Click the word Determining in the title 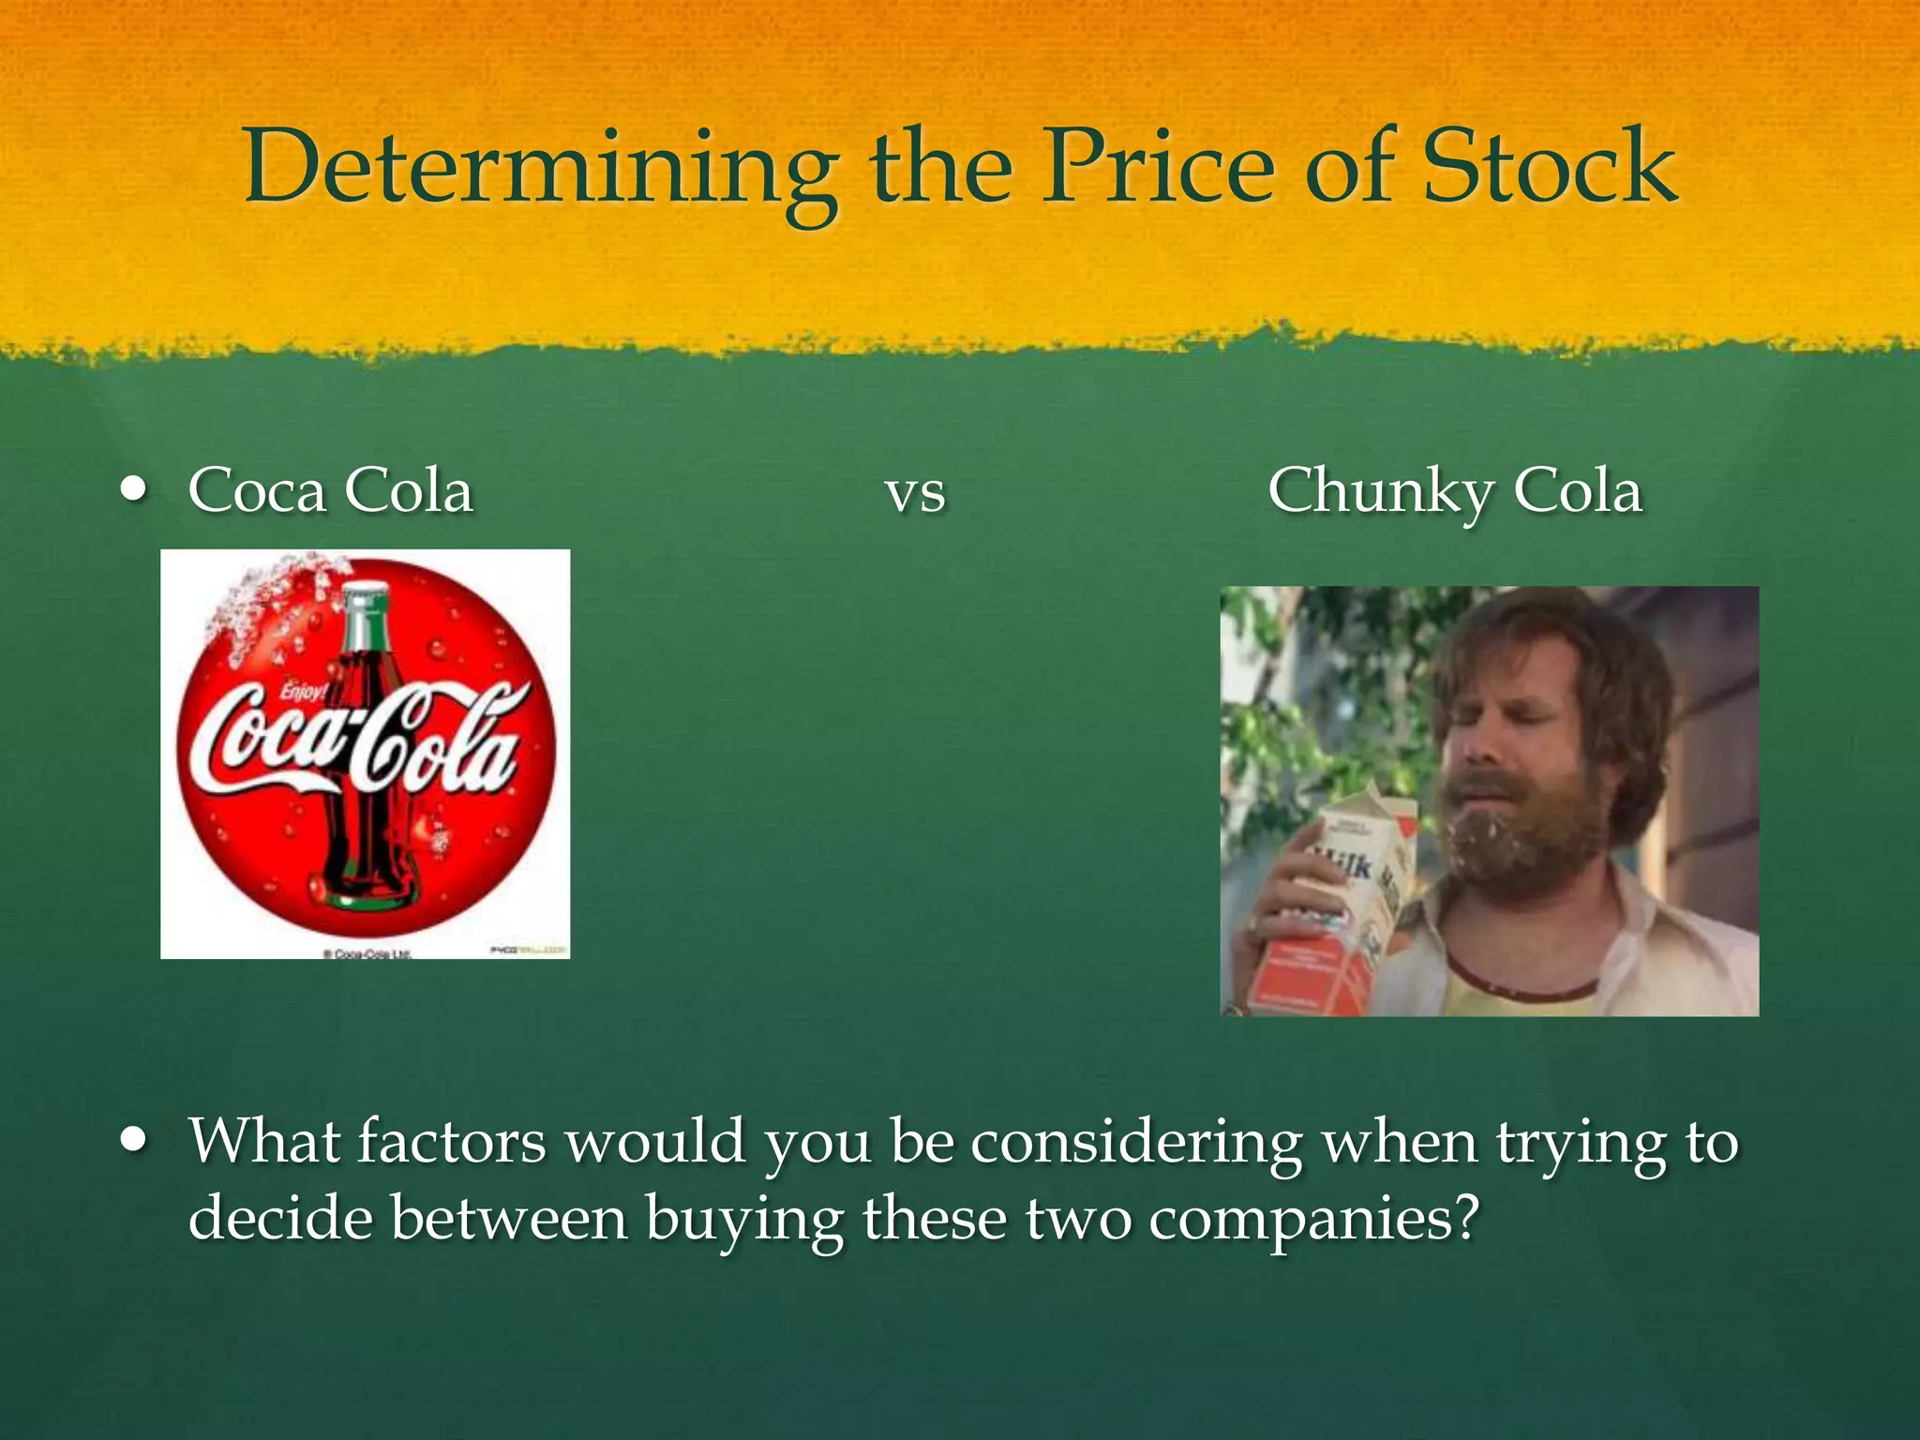pyautogui.click(x=539, y=169)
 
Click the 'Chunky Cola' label pyautogui.click(x=1454, y=491)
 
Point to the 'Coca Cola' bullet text pyautogui.click(x=330, y=491)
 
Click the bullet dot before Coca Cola pyautogui.click(x=135, y=488)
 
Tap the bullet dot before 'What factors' pyautogui.click(x=135, y=1140)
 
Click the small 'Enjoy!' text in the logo pyautogui.click(x=302, y=693)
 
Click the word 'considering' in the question pyautogui.click(x=1135, y=1142)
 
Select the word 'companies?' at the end pyautogui.click(x=1313, y=1219)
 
